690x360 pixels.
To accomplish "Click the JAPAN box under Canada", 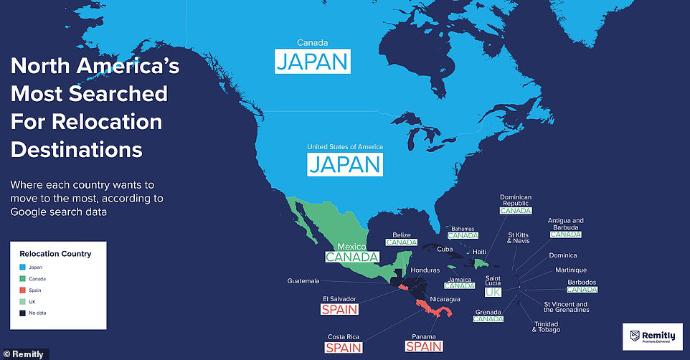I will pyautogui.click(x=312, y=61).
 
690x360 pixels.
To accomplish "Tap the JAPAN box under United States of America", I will pyautogui.click(x=345, y=164).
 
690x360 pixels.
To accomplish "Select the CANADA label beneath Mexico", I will pyautogui.click(x=351, y=257).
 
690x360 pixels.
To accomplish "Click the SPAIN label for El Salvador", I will pyautogui.click(x=339, y=310).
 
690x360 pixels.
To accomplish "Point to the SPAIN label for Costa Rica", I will pyautogui.click(x=344, y=348).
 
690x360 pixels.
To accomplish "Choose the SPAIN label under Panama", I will pyautogui.click(x=424, y=346).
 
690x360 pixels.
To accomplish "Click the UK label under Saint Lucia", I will pyautogui.click(x=492, y=293).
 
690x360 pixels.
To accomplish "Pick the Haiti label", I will pyautogui.click(x=480, y=252).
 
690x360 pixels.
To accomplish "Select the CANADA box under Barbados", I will pyautogui.click(x=582, y=290).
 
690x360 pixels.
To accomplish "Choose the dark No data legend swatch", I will pyautogui.click(x=22, y=313).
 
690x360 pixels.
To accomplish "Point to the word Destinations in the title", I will pyautogui.click(x=76, y=150).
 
